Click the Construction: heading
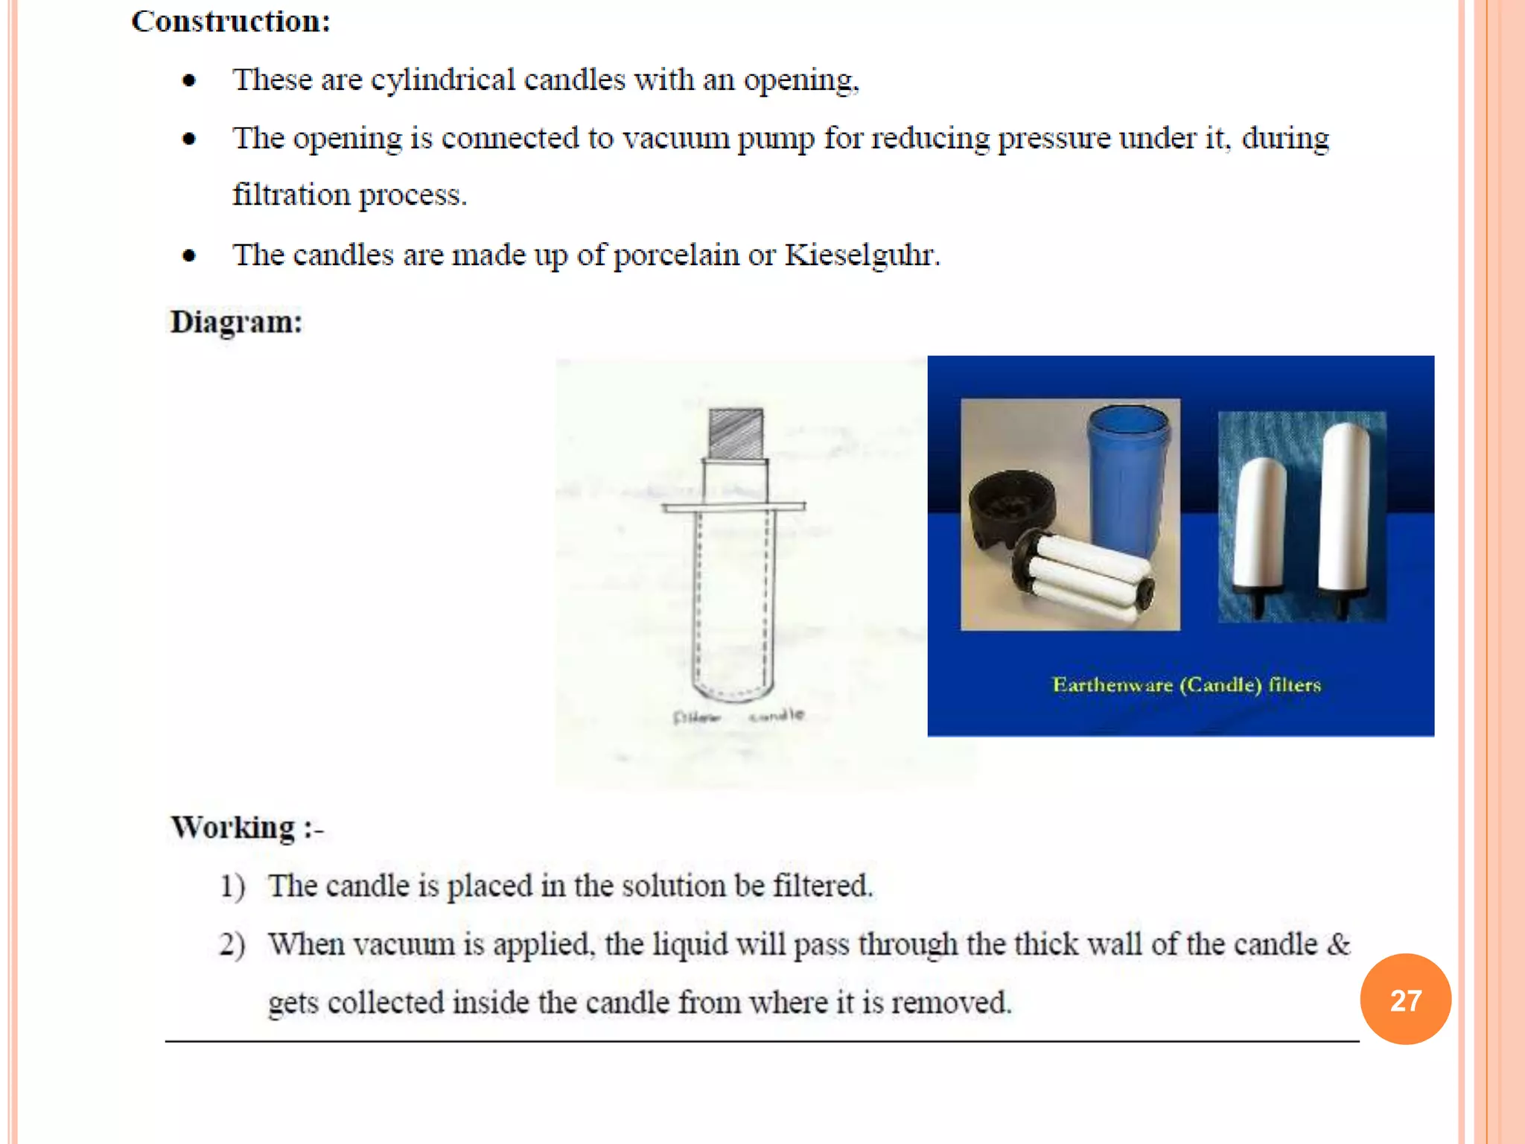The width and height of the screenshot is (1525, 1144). tap(231, 22)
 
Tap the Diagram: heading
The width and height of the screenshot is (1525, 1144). tap(236, 322)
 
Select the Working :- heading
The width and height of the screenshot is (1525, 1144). tap(247, 827)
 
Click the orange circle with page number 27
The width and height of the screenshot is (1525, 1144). tap(1405, 1000)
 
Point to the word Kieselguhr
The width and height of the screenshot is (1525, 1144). tap(862, 255)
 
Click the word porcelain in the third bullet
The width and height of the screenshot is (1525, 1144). tap(675, 255)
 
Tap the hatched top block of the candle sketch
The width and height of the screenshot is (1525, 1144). tap(736, 433)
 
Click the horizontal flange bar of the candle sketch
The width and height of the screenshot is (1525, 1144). tap(733, 507)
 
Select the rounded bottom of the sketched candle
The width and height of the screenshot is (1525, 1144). tap(733, 689)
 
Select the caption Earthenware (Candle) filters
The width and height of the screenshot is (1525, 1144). tap(1186, 685)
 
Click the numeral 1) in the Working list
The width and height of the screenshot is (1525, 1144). tap(232, 886)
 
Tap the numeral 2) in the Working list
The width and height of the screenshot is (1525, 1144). tap(232, 944)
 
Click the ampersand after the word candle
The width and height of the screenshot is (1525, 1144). tap(1338, 944)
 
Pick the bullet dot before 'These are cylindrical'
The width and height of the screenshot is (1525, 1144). tap(189, 80)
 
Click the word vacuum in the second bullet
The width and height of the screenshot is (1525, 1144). tap(675, 139)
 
